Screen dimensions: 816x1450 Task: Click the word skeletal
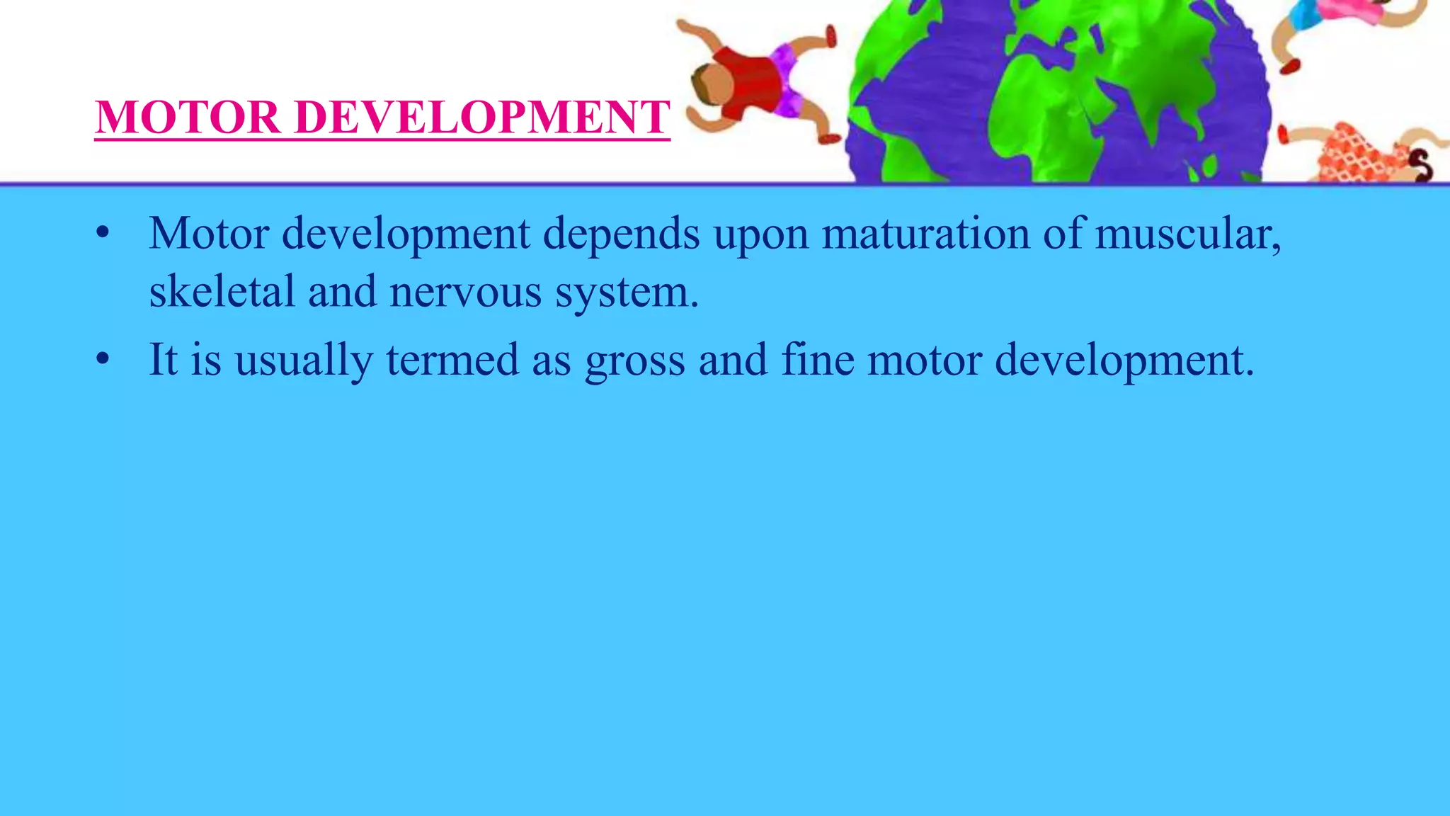(222, 291)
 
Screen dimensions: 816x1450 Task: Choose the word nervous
(465, 293)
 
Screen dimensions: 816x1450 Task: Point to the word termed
(452, 359)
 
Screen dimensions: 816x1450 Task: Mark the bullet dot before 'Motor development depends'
(103, 233)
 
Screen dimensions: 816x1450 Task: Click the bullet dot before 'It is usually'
(103, 358)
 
